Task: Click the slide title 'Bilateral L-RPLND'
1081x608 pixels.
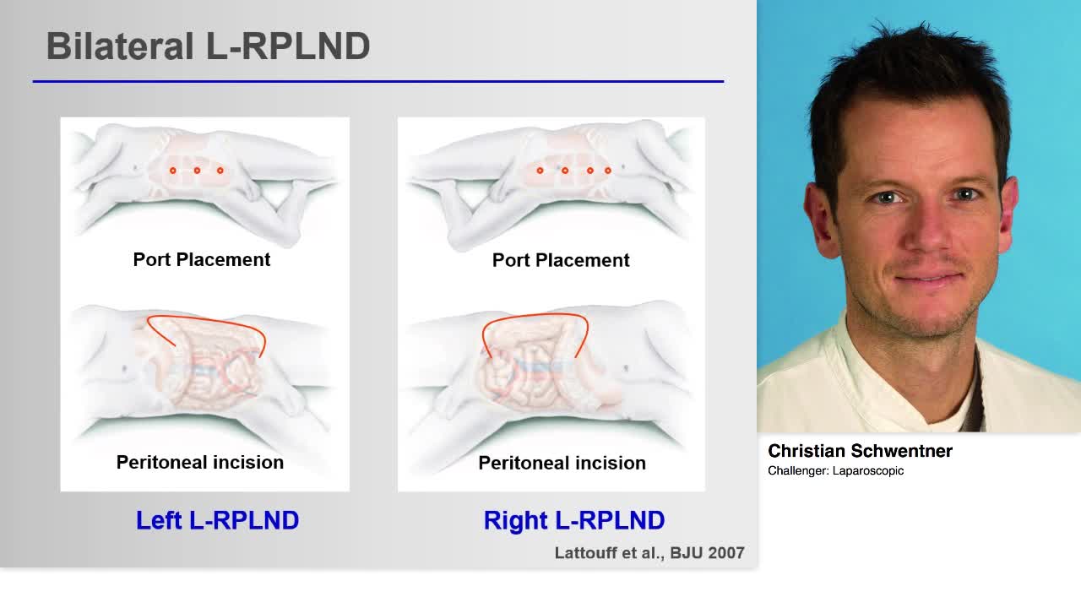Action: pyautogui.click(x=208, y=46)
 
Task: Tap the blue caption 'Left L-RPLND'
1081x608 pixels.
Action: pyautogui.click(x=217, y=520)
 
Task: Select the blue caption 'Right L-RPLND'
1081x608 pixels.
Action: pyautogui.click(x=574, y=520)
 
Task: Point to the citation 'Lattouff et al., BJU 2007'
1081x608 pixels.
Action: pyautogui.click(x=649, y=553)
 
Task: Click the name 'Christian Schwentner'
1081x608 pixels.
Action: pyautogui.click(x=860, y=451)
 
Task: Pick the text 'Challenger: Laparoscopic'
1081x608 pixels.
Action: pyautogui.click(x=835, y=470)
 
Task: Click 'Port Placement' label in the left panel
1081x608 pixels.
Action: pyautogui.click(x=202, y=259)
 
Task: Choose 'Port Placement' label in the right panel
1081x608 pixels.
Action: pyautogui.click(x=561, y=260)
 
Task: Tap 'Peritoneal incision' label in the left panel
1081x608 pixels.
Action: pyautogui.click(x=200, y=462)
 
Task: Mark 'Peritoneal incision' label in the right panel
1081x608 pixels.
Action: pyautogui.click(x=562, y=463)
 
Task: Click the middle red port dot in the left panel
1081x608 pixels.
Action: pyautogui.click(x=197, y=171)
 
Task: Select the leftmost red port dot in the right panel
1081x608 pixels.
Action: pyautogui.click(x=540, y=171)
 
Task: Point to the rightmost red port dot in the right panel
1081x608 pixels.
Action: pyautogui.click(x=607, y=171)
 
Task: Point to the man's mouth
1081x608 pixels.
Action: pyautogui.click(x=927, y=278)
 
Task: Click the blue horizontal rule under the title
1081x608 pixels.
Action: pyautogui.click(x=378, y=81)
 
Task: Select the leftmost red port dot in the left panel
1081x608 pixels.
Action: pyautogui.click(x=172, y=171)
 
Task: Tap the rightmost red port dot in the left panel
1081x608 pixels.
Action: pyautogui.click(x=220, y=171)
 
